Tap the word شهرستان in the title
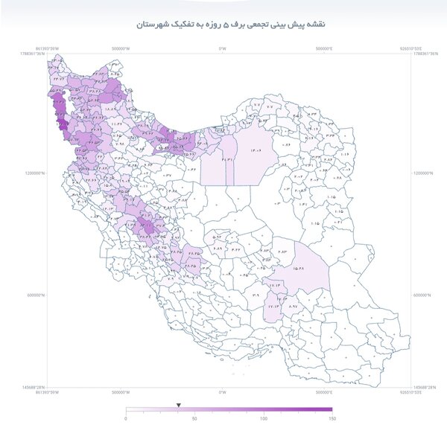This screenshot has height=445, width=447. [x=153, y=25]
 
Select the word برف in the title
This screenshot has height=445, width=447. [x=236, y=25]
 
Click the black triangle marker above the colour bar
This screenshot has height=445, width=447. [x=178, y=405]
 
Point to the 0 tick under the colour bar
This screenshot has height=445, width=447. [x=126, y=419]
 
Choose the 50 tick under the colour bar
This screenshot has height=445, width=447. [x=194, y=419]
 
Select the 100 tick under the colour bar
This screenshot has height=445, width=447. [x=263, y=419]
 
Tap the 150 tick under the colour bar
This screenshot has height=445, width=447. [x=332, y=419]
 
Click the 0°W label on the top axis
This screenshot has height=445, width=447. [x=222, y=48]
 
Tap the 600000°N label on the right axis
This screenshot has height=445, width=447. [x=424, y=294]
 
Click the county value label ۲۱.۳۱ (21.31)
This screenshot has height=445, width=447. [x=228, y=159]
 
